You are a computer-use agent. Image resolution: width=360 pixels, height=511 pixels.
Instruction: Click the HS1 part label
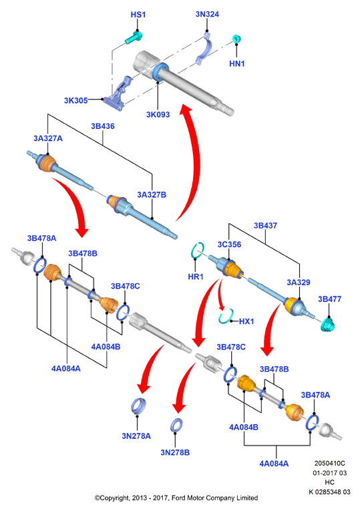pyautogui.click(x=138, y=15)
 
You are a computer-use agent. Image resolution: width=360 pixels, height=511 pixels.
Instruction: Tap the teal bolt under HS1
pyautogui.click(x=134, y=37)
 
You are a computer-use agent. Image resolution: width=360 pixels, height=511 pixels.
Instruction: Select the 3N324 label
pyautogui.click(x=207, y=14)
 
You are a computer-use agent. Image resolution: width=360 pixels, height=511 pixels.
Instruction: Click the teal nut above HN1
pyautogui.click(x=237, y=39)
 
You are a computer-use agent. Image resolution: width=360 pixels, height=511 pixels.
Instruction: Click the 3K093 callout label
pyautogui.click(x=158, y=114)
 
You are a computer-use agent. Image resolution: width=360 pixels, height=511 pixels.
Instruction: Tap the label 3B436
pyautogui.click(x=103, y=126)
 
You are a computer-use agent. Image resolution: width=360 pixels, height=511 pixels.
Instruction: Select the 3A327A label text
pyautogui.click(x=48, y=138)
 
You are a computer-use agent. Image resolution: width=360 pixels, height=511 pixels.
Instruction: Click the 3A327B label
pyautogui.click(x=152, y=194)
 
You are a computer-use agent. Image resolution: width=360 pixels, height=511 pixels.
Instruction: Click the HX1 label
pyautogui.click(x=246, y=321)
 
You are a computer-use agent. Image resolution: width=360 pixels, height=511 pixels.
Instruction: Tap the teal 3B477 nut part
pyautogui.click(x=329, y=325)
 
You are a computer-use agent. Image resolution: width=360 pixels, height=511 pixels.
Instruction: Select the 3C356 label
pyautogui.click(x=229, y=244)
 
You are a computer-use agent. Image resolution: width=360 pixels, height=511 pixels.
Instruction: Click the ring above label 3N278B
pyautogui.click(x=176, y=425)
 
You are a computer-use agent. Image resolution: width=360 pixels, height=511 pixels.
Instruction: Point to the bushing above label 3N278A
pyautogui.click(x=139, y=406)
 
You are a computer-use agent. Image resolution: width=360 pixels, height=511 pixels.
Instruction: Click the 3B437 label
pyautogui.click(x=266, y=226)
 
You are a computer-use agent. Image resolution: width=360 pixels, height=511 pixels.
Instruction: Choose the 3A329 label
pyautogui.click(x=299, y=283)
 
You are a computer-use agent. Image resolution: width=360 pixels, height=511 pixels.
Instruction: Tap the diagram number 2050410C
pyautogui.click(x=329, y=463)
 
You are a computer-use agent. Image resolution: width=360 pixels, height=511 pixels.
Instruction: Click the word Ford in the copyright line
pyautogui.click(x=178, y=498)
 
